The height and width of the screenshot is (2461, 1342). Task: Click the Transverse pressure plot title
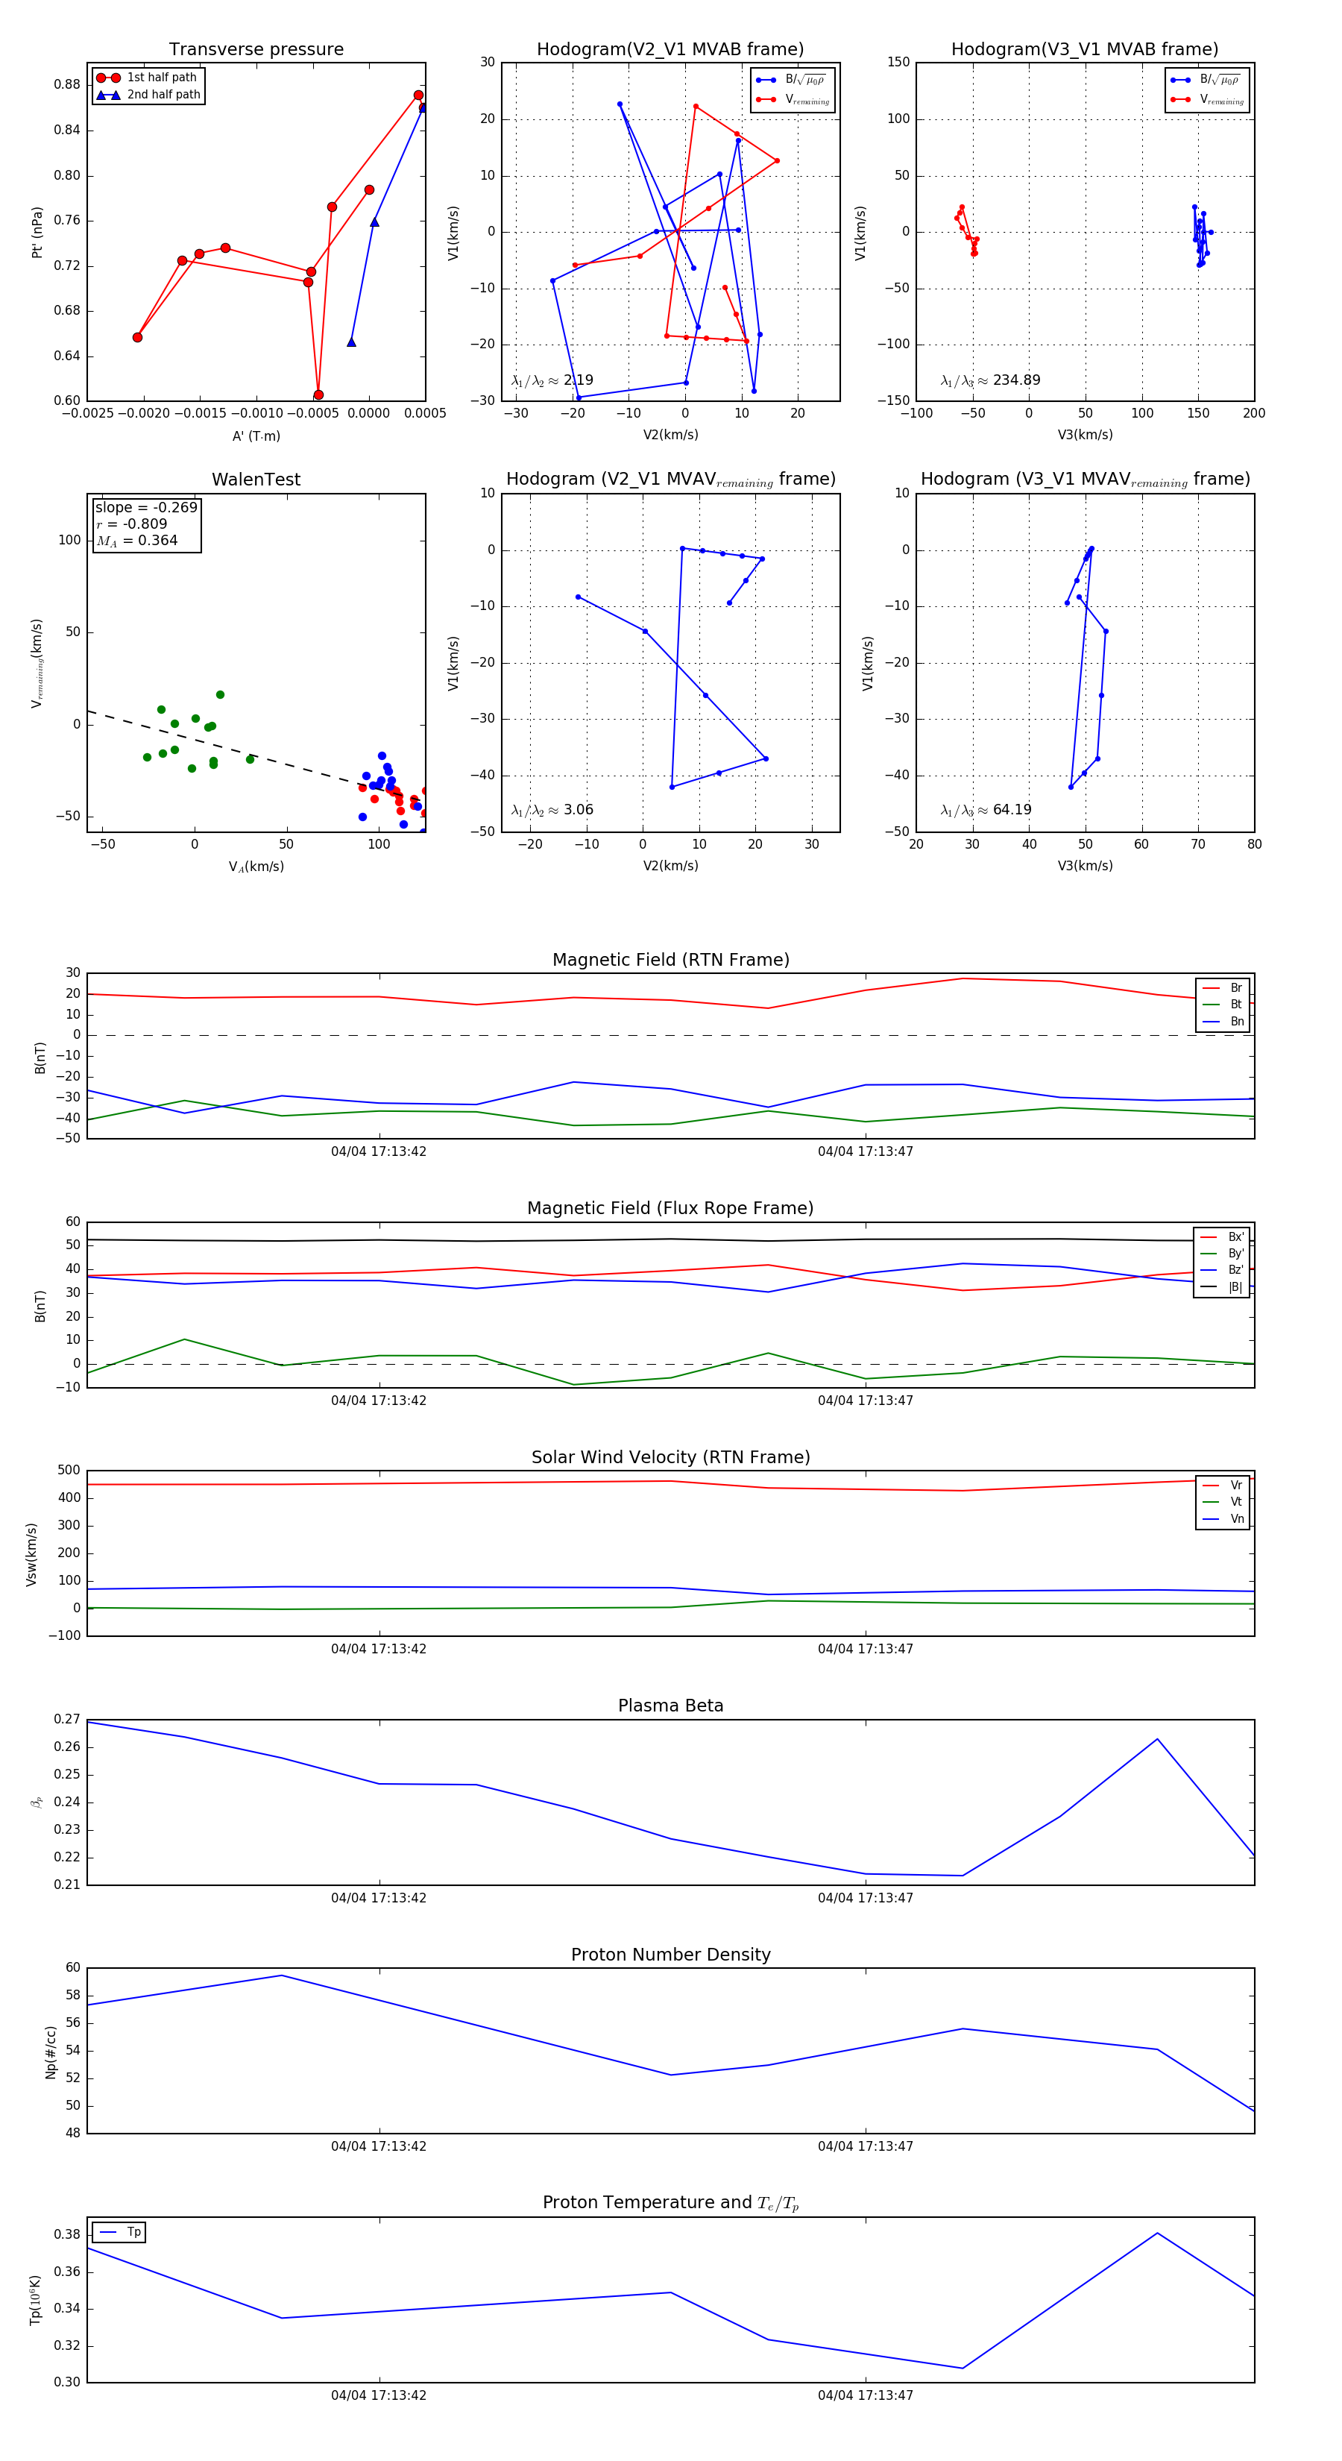tap(256, 50)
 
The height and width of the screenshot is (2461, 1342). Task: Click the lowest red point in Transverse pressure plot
tap(318, 395)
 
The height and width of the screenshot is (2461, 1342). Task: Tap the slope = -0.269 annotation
tap(146, 507)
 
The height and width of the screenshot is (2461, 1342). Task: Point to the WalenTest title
tap(256, 480)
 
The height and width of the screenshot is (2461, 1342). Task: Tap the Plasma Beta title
tap(670, 1706)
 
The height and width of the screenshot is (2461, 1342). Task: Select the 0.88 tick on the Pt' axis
tap(67, 84)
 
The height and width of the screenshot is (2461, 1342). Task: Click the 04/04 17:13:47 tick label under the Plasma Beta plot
tap(866, 1897)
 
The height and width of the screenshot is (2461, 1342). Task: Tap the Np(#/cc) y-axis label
tap(51, 2052)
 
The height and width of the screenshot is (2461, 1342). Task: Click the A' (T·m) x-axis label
tap(256, 436)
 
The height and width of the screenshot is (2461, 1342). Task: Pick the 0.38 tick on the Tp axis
tap(67, 2234)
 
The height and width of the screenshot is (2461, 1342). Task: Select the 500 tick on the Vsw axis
tap(69, 1471)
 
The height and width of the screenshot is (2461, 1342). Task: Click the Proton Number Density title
tap(670, 1954)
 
